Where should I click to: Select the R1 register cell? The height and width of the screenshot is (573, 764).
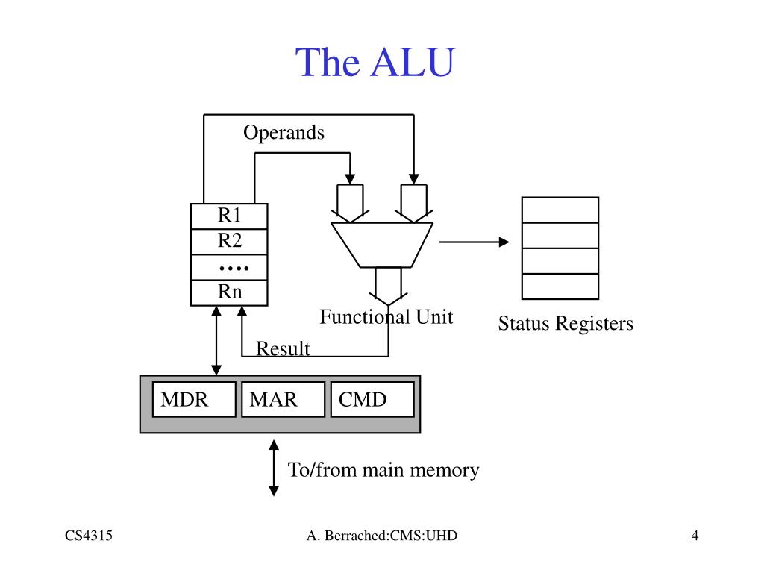click(x=230, y=216)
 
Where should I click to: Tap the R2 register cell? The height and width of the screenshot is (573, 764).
click(x=230, y=241)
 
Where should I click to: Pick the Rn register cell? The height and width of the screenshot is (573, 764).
click(x=230, y=292)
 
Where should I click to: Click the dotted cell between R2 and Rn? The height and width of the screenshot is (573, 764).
click(x=230, y=267)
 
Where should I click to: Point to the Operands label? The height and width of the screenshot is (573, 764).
click(x=284, y=133)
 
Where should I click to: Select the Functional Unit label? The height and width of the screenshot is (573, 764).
click(x=386, y=317)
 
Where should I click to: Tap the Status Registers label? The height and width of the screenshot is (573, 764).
click(x=565, y=324)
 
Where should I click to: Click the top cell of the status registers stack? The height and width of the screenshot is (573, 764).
click(x=560, y=210)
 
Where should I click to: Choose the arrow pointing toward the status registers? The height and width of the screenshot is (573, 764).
click(x=475, y=242)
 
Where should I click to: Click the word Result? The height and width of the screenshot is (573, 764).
click(x=283, y=348)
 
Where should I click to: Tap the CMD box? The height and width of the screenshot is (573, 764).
click(x=372, y=399)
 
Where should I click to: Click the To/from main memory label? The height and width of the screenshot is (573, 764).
click(x=383, y=470)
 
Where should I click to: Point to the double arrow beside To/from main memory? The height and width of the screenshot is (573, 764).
click(x=274, y=468)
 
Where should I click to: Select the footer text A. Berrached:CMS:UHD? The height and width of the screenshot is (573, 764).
click(x=381, y=536)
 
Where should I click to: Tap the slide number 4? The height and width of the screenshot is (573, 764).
click(x=695, y=536)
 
